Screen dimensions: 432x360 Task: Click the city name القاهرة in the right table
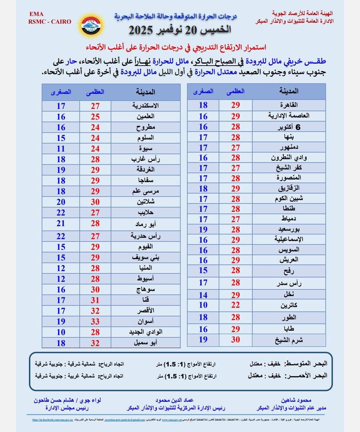point(289,105)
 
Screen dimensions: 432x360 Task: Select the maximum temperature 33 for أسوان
point(95,321)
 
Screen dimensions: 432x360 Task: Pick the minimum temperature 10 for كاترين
point(203,305)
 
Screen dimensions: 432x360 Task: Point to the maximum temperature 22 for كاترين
point(235,305)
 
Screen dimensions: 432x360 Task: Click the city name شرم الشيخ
point(289,340)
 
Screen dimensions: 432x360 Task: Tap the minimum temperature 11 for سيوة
point(61,149)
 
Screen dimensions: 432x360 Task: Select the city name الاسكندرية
point(145,106)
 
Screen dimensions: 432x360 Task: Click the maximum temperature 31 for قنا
point(95,300)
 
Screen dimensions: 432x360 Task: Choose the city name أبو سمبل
point(145,343)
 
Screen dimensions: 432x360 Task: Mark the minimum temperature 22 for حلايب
point(61,213)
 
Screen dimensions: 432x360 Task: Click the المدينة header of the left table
point(145,92)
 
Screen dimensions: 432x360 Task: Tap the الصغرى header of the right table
point(203,91)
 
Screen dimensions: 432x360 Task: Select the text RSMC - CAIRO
point(50,22)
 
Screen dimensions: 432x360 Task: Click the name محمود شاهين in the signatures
point(296,400)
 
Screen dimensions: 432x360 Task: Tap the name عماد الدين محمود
point(174,400)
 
